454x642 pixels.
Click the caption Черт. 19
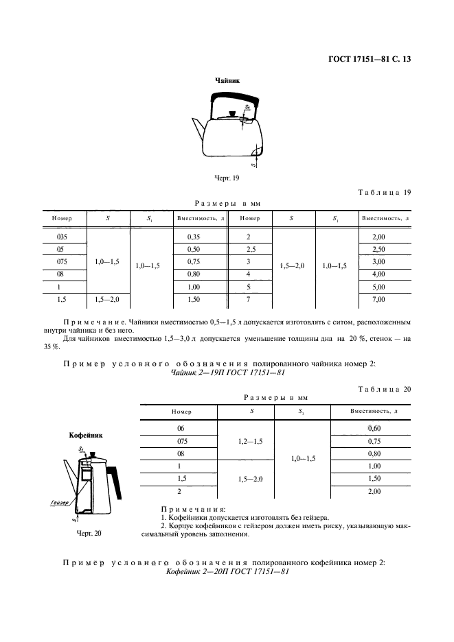tap(227, 179)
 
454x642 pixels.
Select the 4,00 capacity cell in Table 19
tap(385, 274)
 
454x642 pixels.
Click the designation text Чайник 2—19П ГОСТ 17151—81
tap(227, 373)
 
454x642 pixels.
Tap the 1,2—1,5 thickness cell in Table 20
tap(246, 441)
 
